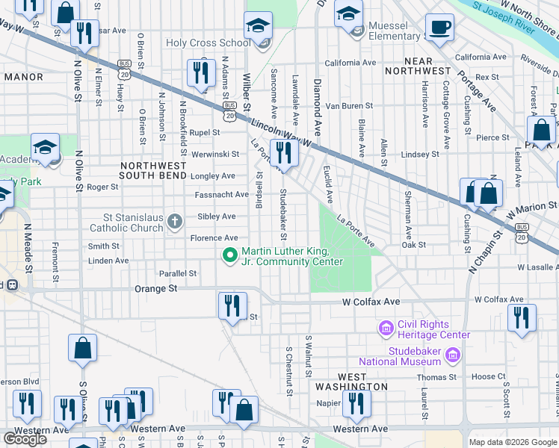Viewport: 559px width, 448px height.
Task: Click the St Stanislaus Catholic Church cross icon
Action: coord(175,221)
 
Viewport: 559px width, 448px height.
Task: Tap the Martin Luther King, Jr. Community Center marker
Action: coord(231,255)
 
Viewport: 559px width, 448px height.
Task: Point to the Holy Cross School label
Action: coord(208,43)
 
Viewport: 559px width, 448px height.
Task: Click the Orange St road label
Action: coord(155,288)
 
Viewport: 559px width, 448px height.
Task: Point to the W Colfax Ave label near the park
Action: coord(371,302)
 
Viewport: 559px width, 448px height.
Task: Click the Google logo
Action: coord(25,439)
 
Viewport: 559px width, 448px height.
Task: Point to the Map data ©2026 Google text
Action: coord(512,442)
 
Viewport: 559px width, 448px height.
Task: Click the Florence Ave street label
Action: coord(213,238)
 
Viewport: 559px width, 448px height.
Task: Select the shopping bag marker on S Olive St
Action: coord(82,350)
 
